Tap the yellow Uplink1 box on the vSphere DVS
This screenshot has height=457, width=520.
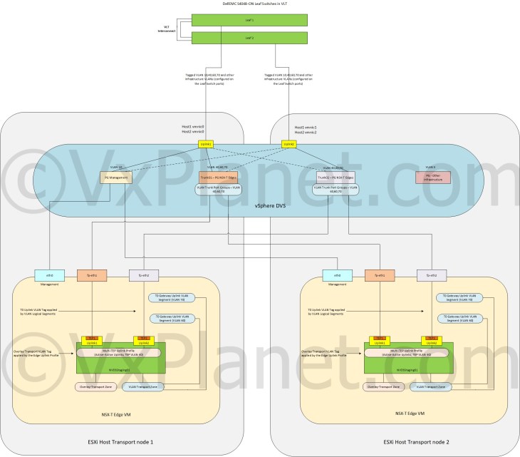pos(207,144)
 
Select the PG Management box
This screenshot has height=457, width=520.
pos(117,177)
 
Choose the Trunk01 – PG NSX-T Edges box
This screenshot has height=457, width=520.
pos(220,176)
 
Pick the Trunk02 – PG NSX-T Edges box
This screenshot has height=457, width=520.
pos(335,176)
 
